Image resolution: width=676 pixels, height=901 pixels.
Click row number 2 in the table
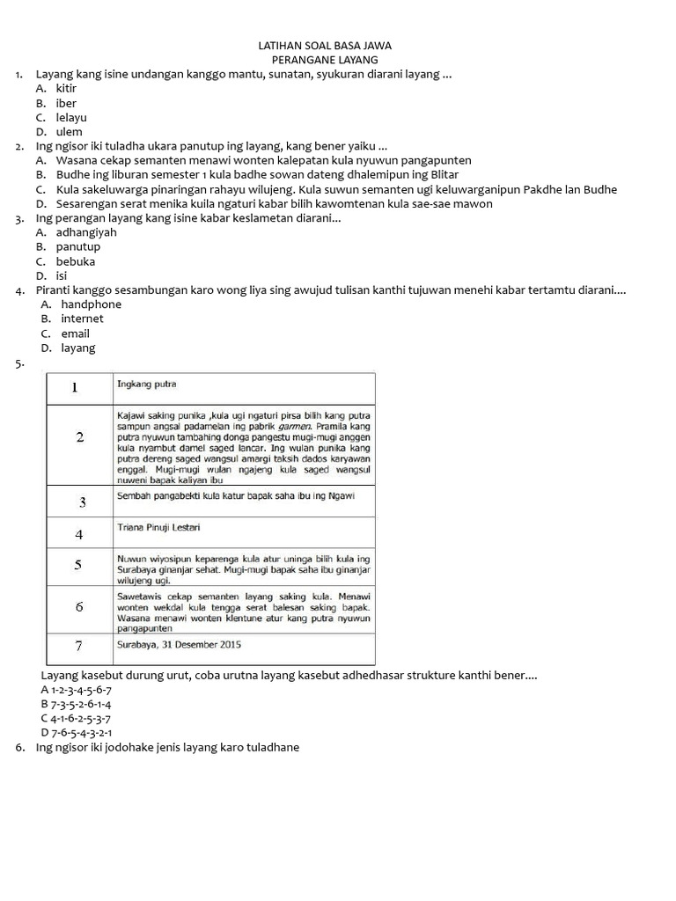pyautogui.click(x=80, y=438)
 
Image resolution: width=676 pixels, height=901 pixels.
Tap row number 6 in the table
pyautogui.click(x=79, y=607)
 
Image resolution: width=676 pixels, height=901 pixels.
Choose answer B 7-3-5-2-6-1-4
pyautogui.click(x=76, y=704)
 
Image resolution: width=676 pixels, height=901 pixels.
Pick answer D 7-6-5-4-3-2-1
pyautogui.click(x=76, y=732)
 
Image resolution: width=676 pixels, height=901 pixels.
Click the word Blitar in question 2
pyautogui.click(x=443, y=175)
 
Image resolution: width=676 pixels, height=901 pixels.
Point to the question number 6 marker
pyautogui.click(x=19, y=747)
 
